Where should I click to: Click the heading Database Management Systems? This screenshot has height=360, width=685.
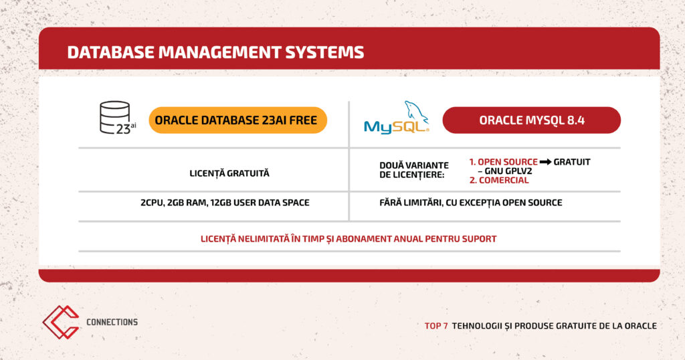(215, 52)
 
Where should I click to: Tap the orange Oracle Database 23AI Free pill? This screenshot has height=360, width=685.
(237, 120)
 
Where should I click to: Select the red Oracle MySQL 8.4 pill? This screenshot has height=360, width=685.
(532, 120)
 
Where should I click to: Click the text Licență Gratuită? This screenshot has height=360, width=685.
(229, 173)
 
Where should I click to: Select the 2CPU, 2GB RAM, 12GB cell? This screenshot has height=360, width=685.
(225, 203)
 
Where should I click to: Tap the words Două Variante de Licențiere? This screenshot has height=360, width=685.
(413, 170)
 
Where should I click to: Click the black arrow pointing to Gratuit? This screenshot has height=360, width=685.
(545, 162)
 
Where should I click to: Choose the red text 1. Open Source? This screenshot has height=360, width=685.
(503, 162)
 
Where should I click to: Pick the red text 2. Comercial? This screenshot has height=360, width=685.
(499, 180)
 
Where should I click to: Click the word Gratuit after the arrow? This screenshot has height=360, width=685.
(572, 162)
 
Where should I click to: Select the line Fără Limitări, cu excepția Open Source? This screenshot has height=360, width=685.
(470, 203)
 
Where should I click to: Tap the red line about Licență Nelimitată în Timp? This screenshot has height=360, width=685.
(349, 239)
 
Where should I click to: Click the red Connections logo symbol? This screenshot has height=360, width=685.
(61, 322)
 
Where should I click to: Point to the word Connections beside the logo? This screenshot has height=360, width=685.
(112, 322)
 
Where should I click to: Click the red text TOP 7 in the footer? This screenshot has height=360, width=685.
(436, 326)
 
